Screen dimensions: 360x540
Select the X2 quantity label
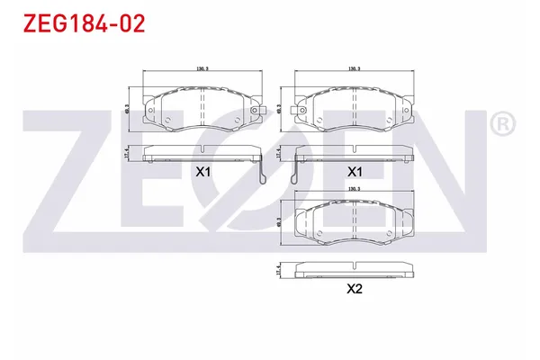[355, 289]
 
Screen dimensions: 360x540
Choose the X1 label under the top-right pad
[355, 171]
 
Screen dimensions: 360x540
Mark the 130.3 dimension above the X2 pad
[354, 189]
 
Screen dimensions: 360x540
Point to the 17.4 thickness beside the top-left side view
[128, 153]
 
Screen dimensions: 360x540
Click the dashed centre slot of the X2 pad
[355, 219]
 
